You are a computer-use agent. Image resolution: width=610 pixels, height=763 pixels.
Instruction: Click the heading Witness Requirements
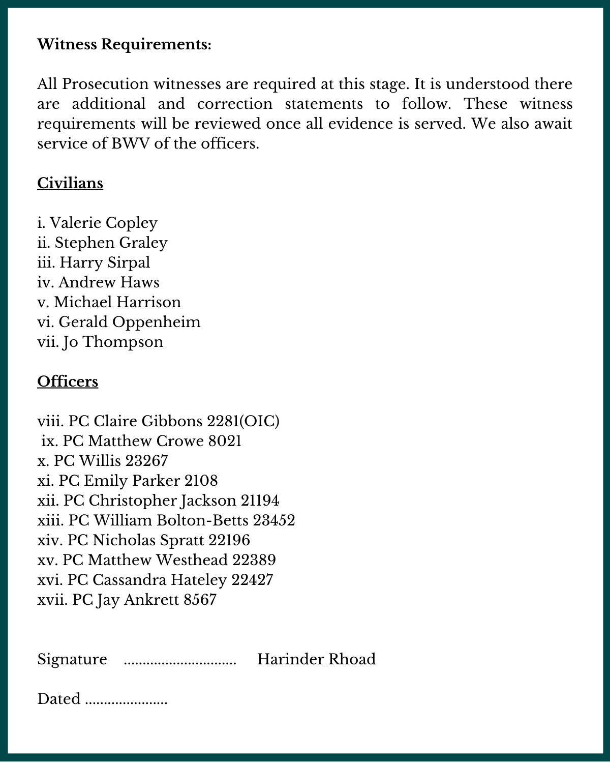124,44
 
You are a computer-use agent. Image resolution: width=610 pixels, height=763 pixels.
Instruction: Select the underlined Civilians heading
70,183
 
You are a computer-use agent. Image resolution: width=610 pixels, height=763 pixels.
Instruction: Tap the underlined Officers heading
68,382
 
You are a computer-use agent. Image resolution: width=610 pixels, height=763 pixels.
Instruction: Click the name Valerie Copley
104,223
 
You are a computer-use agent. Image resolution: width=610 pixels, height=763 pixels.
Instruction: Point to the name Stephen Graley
111,243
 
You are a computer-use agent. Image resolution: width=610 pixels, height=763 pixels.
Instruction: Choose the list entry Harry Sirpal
105,262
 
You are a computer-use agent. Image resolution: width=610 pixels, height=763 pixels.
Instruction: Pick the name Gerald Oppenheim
130,322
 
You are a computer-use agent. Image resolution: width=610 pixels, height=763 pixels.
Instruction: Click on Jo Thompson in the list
113,342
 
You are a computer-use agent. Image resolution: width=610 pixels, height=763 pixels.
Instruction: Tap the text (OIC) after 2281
259,421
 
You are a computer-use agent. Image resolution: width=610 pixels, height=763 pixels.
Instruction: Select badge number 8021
225,441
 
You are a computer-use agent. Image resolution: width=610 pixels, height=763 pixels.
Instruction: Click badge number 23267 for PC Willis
146,461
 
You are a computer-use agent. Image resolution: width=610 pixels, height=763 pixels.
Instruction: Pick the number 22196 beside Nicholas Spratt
229,540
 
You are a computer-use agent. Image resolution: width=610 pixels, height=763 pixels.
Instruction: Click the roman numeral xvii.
52,600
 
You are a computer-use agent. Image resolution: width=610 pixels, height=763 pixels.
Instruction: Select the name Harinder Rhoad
316,659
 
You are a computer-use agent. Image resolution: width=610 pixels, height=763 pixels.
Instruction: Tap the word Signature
72,659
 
